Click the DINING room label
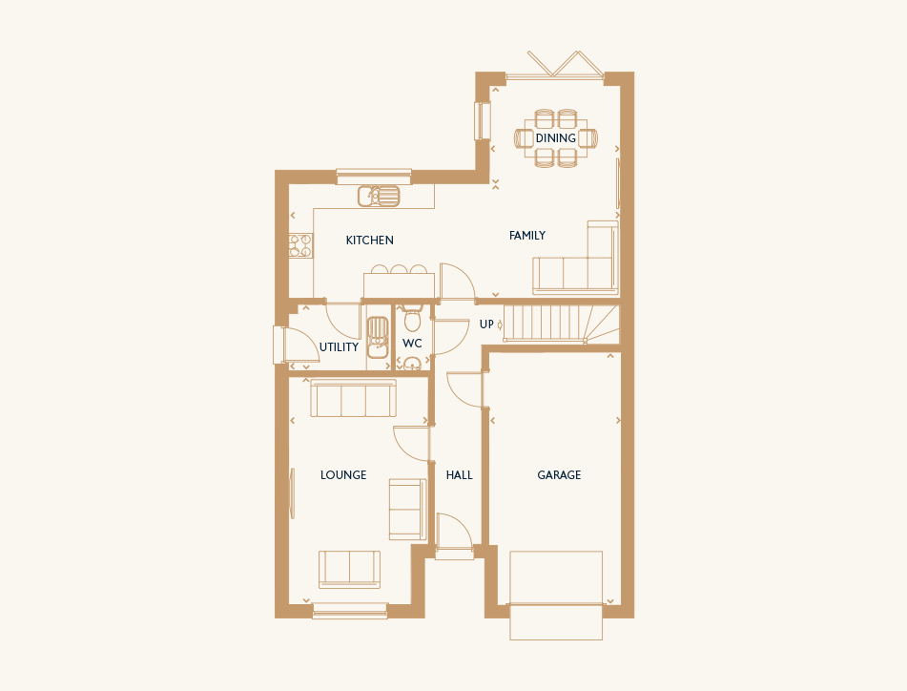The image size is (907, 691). coord(555,138)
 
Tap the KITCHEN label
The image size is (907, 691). coord(370,241)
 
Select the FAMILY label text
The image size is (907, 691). coord(527,236)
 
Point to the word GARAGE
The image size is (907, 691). coord(559,475)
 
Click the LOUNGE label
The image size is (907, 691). coord(343,475)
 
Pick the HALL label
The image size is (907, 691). coord(460,475)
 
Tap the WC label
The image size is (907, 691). coord(412,344)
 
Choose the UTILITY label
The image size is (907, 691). coord(339,347)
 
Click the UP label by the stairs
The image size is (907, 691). coord(485,325)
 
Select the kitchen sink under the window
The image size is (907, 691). coord(379,197)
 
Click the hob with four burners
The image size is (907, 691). coord(300,245)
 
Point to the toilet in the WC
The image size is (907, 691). coord(412,319)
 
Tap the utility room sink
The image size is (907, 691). coord(378,337)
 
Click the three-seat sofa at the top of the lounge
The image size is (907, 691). coord(354,398)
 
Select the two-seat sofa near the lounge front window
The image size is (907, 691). coord(349,570)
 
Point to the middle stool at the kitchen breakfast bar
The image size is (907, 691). coord(399,270)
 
